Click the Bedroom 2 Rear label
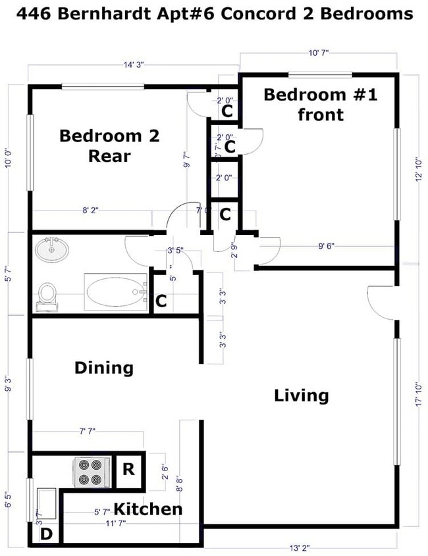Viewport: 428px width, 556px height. point(109,146)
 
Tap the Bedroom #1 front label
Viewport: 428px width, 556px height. point(320,104)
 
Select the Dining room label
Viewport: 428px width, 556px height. point(104,368)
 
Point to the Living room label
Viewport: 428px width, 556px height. point(301,395)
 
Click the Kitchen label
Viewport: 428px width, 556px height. point(148,509)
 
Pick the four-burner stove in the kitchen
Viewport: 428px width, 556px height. point(89,472)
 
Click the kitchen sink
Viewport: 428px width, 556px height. point(46,504)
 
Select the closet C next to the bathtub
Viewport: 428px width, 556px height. point(161,302)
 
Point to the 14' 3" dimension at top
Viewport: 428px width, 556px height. point(133,64)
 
